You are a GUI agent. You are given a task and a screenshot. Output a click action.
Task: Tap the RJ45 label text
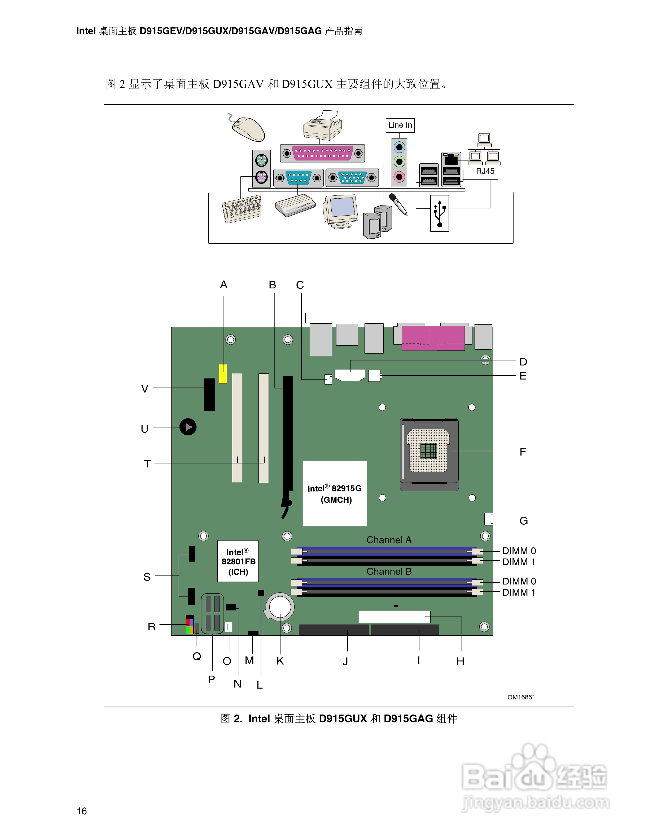pyautogui.click(x=485, y=171)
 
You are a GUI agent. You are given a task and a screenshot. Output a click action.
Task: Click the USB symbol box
pyautogui.click(x=440, y=213)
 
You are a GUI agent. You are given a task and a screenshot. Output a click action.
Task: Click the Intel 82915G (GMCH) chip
pyautogui.click(x=335, y=493)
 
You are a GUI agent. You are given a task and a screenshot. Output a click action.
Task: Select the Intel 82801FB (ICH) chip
pyautogui.click(x=238, y=561)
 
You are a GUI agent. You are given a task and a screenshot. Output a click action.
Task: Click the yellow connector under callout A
pyautogui.click(x=223, y=374)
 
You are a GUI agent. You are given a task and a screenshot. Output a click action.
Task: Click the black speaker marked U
pyautogui.click(x=188, y=427)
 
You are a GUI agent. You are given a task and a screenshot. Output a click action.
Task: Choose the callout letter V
pyautogui.click(x=144, y=389)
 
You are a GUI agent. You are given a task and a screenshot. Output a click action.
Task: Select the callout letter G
pyautogui.click(x=523, y=521)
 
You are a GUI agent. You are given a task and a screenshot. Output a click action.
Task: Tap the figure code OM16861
pyautogui.click(x=521, y=697)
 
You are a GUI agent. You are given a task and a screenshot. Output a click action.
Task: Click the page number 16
pyautogui.click(x=81, y=811)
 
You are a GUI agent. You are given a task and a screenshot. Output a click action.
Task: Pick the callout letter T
pyautogui.click(x=147, y=464)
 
